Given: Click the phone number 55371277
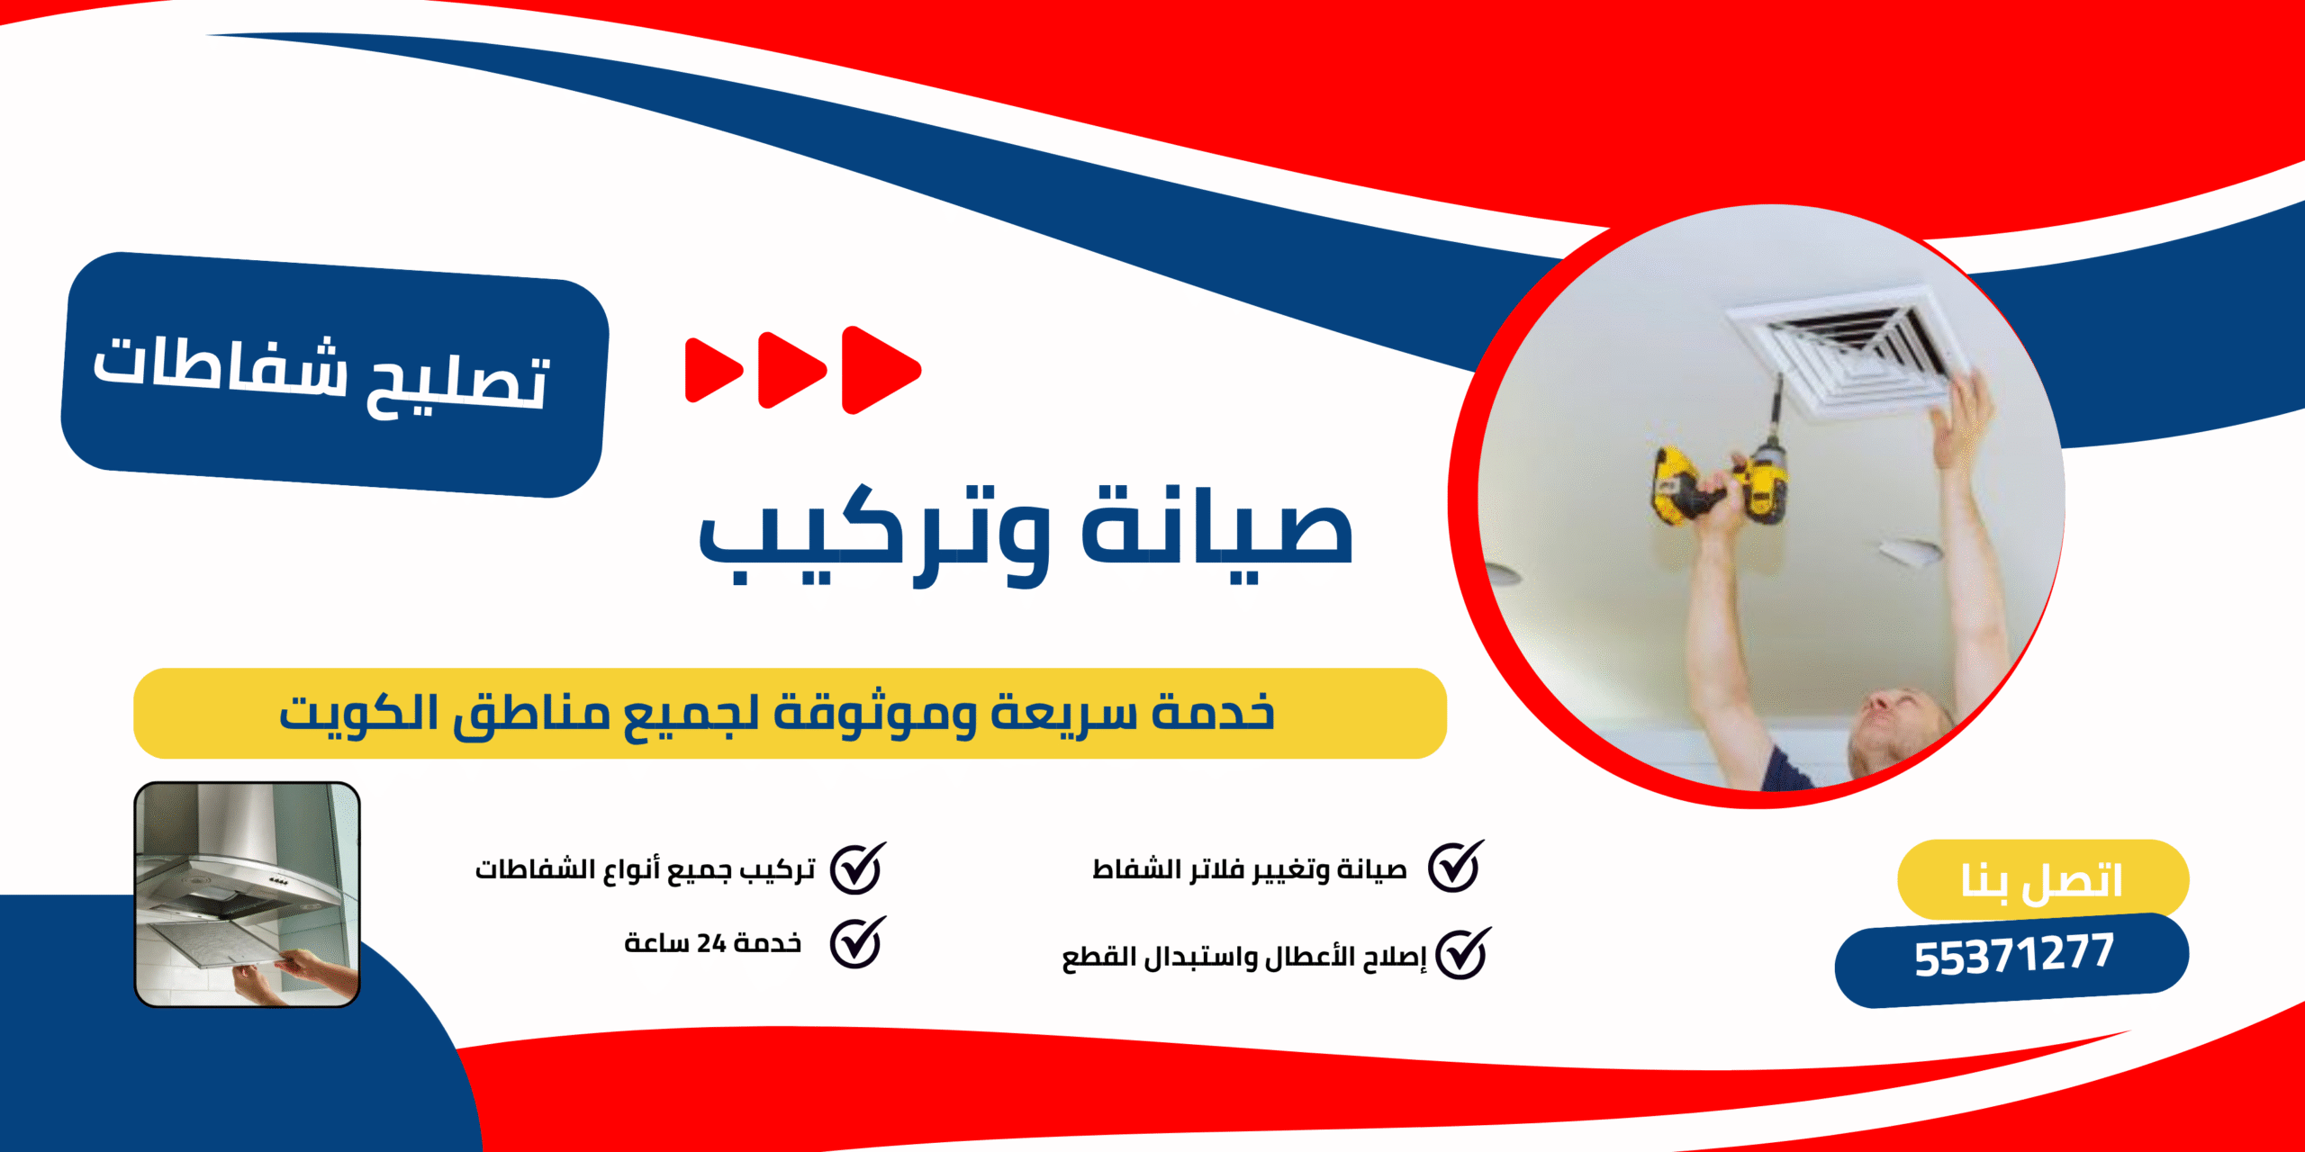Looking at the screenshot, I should pos(2013,956).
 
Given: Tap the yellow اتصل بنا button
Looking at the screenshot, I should pos(2042,879).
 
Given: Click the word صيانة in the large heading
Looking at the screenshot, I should pos(1217,531).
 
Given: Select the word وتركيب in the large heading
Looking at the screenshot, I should pos(873,535).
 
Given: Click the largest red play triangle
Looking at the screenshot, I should pos(880,370).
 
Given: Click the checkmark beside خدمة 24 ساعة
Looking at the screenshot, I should pos(856,942).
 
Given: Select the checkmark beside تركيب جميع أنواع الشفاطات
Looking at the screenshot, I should pos(856,868).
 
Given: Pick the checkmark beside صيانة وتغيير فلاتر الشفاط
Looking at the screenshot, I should pos(1455,868).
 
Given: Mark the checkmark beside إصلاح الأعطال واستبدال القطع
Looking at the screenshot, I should pos(1461,954).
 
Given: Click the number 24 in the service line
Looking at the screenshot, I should pos(711,943).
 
